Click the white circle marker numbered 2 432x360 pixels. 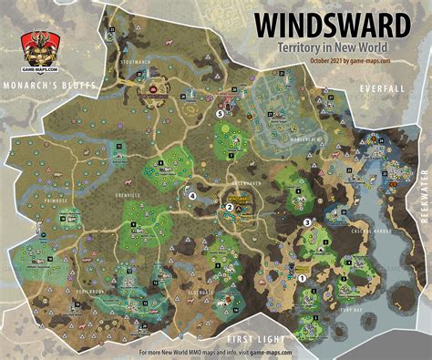tap(229, 207)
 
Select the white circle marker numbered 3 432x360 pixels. tap(307, 221)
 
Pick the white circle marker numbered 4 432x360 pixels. tap(191, 194)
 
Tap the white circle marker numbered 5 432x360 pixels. tap(220, 114)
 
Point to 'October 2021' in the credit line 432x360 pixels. tap(324, 60)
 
